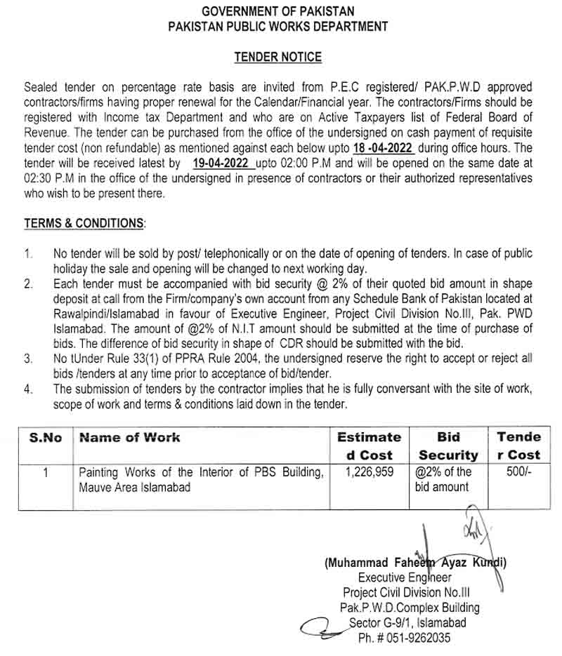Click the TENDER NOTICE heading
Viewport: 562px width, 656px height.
coord(277,58)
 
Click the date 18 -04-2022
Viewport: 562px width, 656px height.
coord(379,149)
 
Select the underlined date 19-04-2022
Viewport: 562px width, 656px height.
coord(221,163)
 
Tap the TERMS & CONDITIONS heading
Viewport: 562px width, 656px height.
coord(84,223)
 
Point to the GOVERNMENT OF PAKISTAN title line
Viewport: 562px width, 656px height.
coord(277,11)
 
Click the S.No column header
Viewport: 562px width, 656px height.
coord(46,438)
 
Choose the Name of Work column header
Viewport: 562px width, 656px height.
coord(130,438)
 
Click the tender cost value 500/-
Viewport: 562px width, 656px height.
coord(519,472)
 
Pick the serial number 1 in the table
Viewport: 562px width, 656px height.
coord(45,472)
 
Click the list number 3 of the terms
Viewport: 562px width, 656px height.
coord(28,359)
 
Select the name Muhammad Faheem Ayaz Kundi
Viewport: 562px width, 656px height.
coord(416,563)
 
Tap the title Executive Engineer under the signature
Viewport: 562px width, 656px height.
coord(405,577)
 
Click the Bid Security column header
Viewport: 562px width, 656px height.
coord(447,446)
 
